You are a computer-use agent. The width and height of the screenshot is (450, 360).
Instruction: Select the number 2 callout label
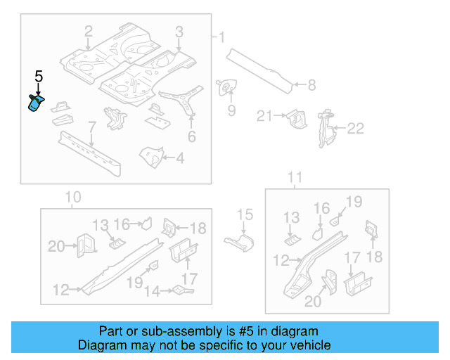(88, 31)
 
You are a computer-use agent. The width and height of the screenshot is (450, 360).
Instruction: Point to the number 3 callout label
(179, 31)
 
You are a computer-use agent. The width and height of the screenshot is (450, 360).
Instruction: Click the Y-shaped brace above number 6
(185, 103)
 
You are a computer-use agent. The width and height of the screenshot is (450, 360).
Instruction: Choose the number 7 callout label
(91, 127)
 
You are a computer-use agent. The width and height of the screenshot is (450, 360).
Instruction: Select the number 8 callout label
(311, 86)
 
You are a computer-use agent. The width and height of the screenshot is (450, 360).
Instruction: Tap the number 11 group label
(295, 176)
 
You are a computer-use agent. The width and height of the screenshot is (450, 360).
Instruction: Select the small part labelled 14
(183, 290)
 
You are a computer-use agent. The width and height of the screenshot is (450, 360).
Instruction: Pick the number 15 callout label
(244, 215)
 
